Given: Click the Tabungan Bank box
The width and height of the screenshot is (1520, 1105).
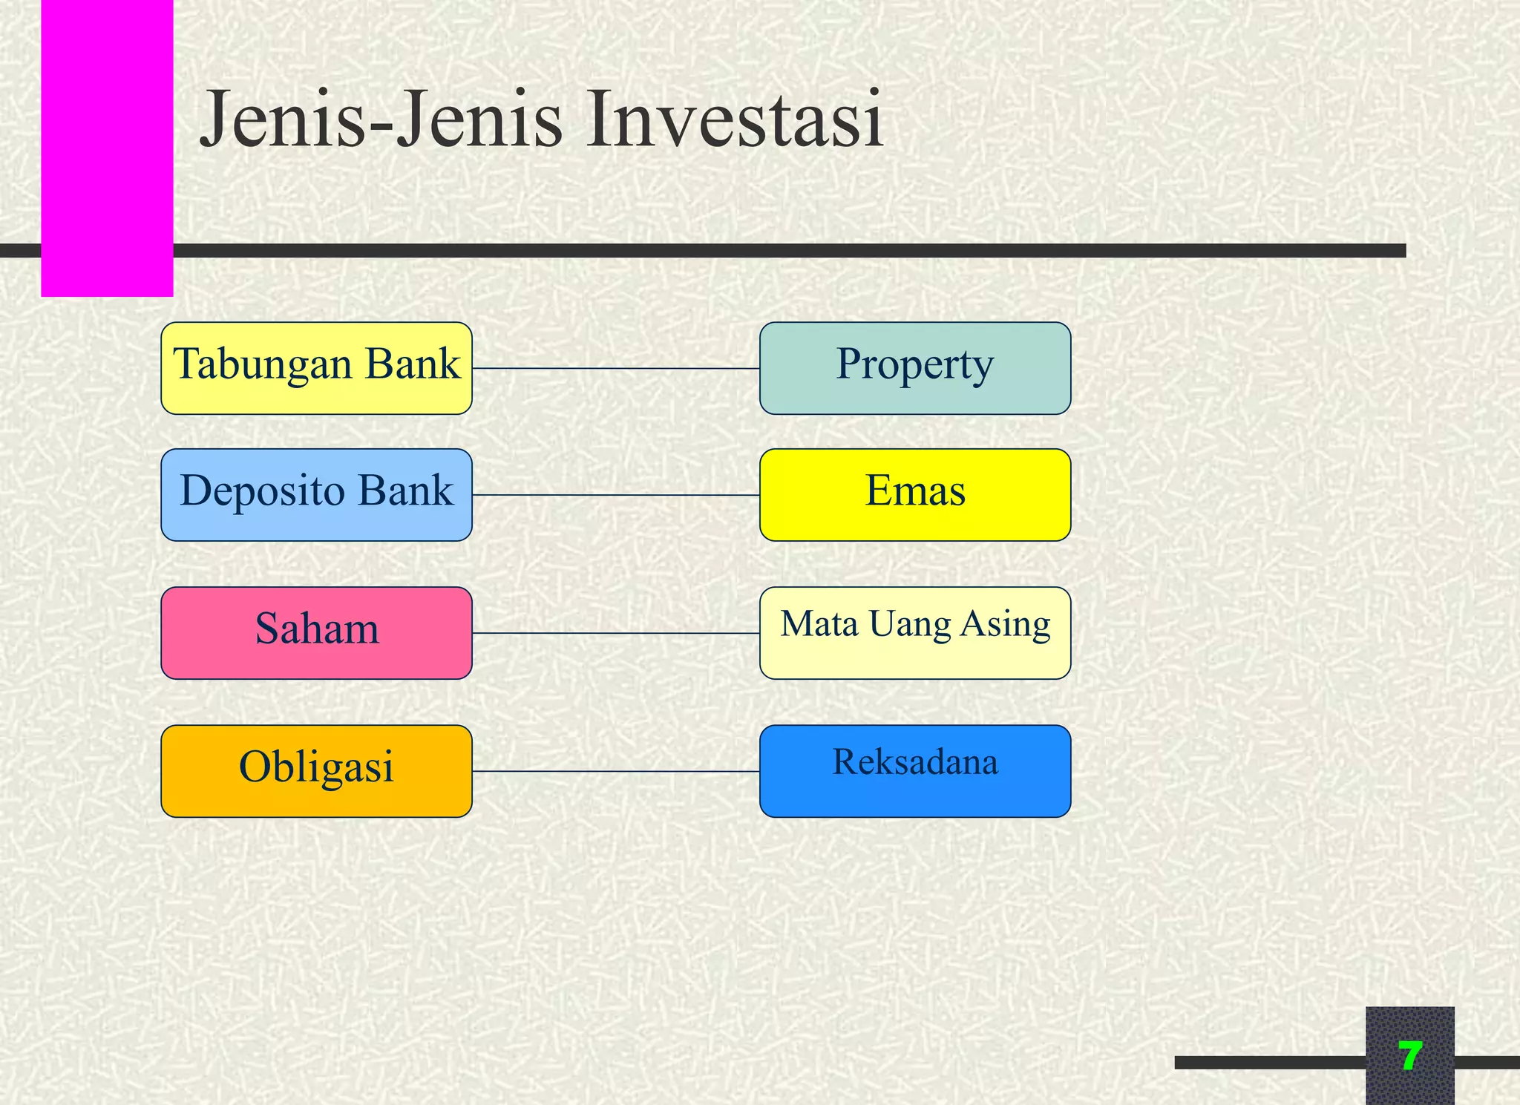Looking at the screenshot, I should (316, 368).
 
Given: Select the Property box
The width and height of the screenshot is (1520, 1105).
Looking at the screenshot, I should (914, 368).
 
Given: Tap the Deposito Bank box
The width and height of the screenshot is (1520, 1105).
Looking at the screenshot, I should (316, 494).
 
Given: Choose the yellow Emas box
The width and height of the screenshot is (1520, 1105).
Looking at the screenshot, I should (914, 494).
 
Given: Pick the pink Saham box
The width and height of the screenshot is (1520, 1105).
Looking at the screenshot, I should (316, 632).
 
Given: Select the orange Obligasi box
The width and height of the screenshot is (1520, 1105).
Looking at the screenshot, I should (316, 771).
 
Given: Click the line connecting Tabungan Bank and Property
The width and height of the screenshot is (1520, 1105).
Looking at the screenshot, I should (615, 368).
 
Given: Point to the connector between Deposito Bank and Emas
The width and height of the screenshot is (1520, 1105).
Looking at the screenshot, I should (615, 495).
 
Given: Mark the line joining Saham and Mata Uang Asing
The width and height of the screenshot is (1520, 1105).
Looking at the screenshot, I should (615, 633).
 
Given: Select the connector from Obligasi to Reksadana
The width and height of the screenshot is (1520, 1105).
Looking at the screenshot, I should (615, 771).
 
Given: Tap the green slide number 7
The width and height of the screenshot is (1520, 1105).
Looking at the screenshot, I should (1409, 1055).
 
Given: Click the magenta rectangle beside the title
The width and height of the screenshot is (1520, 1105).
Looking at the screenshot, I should (107, 148).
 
